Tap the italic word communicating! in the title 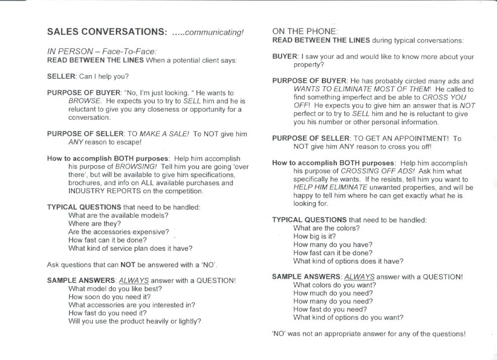coord(215,32)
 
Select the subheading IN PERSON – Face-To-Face coord(106,51)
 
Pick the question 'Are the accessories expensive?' coord(118,232)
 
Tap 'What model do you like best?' coord(115,289)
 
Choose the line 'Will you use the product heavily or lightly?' coord(134,321)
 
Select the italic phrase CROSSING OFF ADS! coord(358,171)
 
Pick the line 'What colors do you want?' coord(334,285)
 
